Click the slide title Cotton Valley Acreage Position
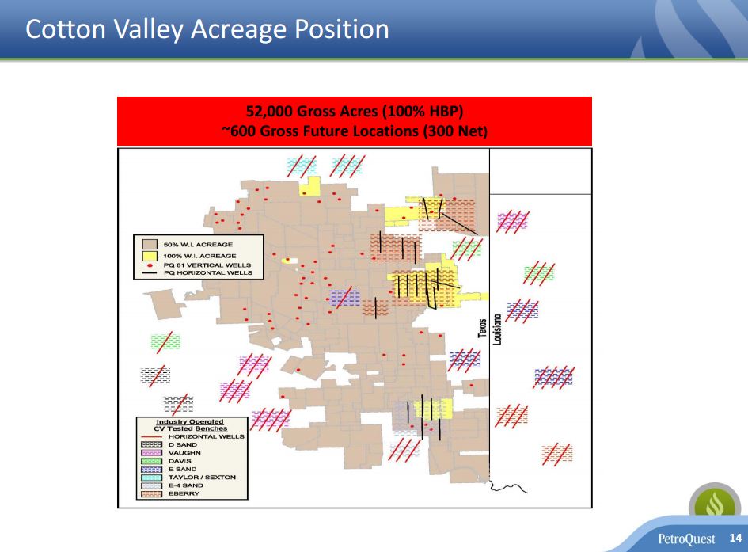207,29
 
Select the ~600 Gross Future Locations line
355,131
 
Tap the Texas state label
483,328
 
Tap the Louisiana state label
497,329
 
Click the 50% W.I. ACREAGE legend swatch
150,244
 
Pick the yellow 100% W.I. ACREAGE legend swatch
150,256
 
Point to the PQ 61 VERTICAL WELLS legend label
207,265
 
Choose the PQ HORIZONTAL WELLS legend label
208,273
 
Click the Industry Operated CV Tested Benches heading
190,425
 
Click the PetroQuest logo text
686,539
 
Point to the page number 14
735,538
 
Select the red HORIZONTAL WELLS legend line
151,436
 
